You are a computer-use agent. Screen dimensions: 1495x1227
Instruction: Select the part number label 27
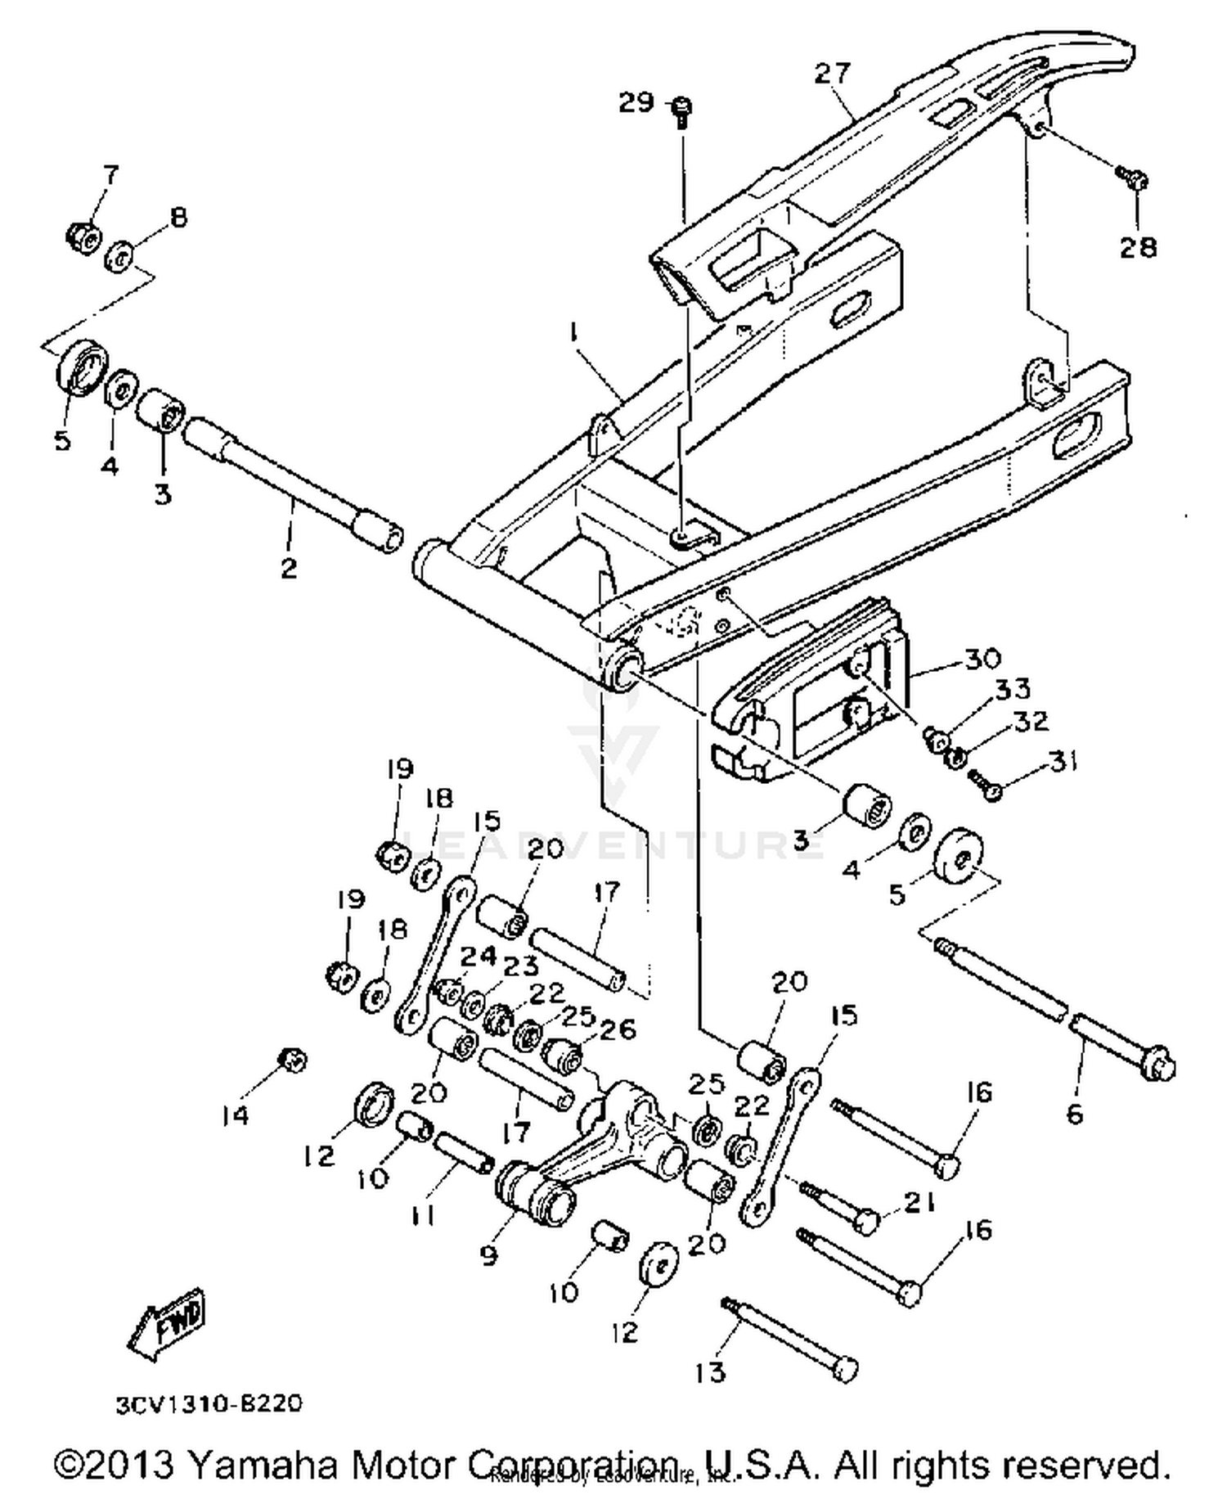[x=833, y=73]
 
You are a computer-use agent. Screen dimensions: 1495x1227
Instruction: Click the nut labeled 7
[x=83, y=236]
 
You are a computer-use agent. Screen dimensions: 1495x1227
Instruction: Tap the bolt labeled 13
[x=790, y=1337]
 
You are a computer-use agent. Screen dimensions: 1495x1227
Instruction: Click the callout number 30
[x=982, y=658]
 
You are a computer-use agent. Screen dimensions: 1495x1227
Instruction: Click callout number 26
[x=618, y=1029]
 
